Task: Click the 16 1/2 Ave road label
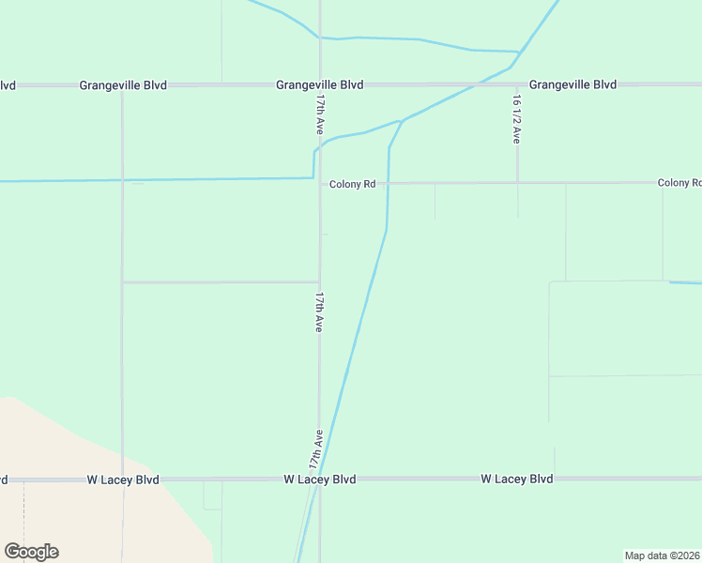[x=516, y=118]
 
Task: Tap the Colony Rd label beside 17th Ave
[x=352, y=185]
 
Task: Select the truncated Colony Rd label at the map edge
[x=679, y=183]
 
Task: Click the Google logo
[x=31, y=552]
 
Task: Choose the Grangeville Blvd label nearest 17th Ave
[x=319, y=84]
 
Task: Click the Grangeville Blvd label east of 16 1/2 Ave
[x=572, y=84]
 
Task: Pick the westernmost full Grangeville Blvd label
[x=123, y=85]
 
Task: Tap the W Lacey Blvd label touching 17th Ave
[x=319, y=479]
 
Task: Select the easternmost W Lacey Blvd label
[x=516, y=479]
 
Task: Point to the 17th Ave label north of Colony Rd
[x=320, y=113]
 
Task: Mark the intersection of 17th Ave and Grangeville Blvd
[x=320, y=84]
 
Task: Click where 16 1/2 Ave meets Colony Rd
[x=517, y=183]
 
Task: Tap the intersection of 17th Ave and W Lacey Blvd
[x=319, y=479]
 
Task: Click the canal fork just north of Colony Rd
[x=402, y=121]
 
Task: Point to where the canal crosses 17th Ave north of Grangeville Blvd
[x=320, y=38]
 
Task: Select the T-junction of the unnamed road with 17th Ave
[x=319, y=281]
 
